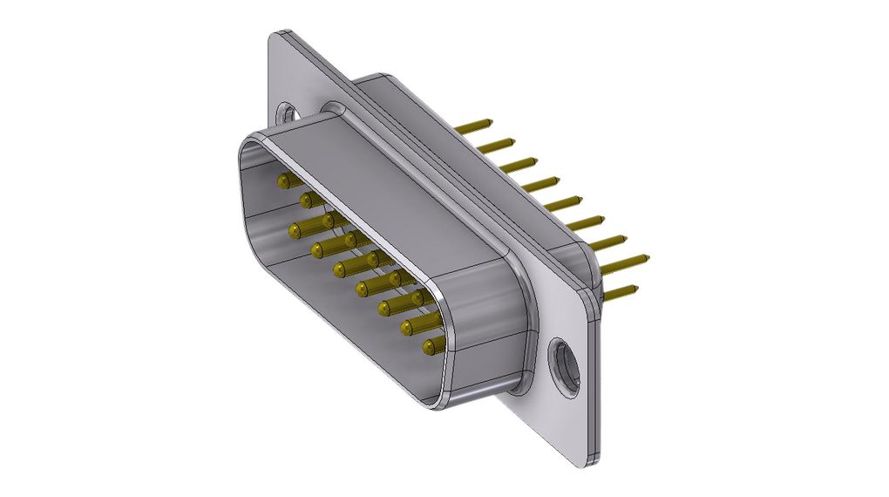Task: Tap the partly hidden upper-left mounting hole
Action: (x=286, y=112)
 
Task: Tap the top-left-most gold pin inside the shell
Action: (x=283, y=181)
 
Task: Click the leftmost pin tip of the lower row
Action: (x=295, y=231)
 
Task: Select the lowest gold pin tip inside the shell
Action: (x=429, y=348)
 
